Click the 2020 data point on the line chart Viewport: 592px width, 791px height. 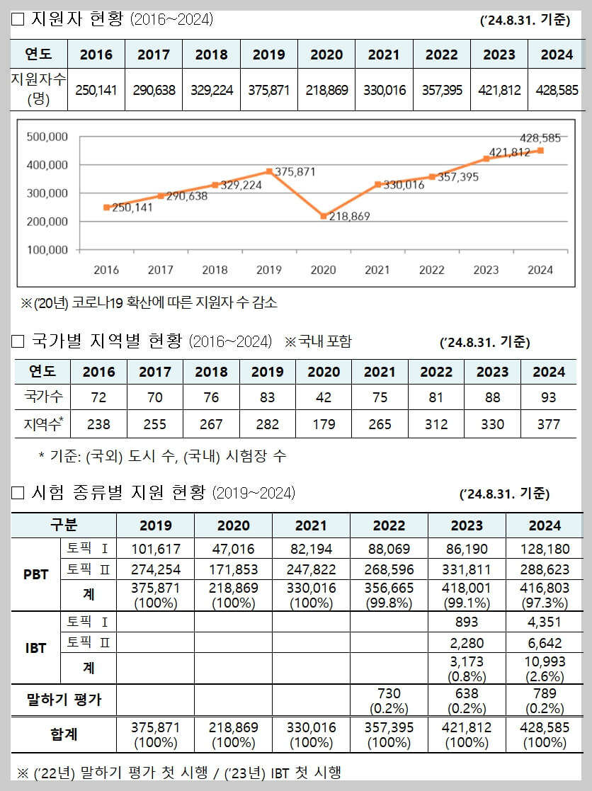tap(324, 216)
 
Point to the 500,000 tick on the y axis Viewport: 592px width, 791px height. tap(46, 137)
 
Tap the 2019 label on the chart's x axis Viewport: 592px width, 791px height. tap(269, 270)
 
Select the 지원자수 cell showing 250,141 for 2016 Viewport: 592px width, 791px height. tap(96, 91)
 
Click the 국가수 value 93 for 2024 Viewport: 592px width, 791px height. tap(548, 397)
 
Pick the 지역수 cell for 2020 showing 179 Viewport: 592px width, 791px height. tap(324, 424)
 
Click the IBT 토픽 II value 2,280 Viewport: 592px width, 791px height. tap(467, 643)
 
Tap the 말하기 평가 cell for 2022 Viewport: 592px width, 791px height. tap(389, 700)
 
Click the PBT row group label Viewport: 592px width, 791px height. tap(35, 574)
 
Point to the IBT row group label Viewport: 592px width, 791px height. tap(35, 647)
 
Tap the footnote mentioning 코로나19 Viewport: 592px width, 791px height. tap(149, 303)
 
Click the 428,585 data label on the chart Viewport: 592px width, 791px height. tap(540, 138)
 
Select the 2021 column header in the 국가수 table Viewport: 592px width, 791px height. tap(380, 372)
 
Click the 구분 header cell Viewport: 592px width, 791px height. tap(63, 525)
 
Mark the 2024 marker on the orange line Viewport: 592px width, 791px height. tap(540, 150)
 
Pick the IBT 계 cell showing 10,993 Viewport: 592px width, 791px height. tap(545, 668)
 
